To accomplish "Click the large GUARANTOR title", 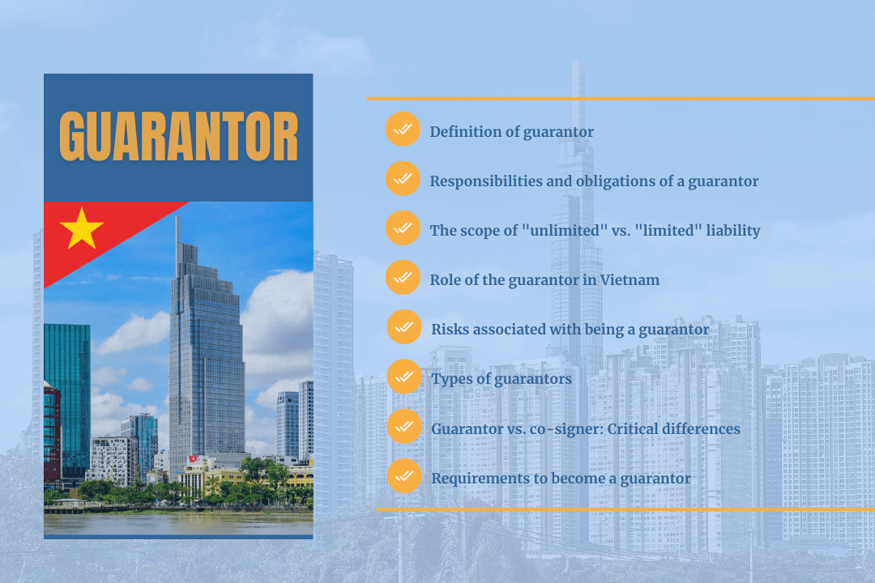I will pyautogui.click(x=178, y=136).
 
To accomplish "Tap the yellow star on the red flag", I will pyautogui.click(x=81, y=228).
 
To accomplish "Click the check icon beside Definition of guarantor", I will pyautogui.click(x=403, y=130).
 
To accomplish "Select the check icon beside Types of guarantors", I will pyautogui.click(x=403, y=377).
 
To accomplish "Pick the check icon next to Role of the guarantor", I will pyautogui.click(x=403, y=278).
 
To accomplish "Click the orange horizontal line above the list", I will pyautogui.click(x=620, y=98).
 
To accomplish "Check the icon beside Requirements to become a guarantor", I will pyautogui.click(x=403, y=476).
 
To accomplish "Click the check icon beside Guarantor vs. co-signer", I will pyautogui.click(x=403, y=426).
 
